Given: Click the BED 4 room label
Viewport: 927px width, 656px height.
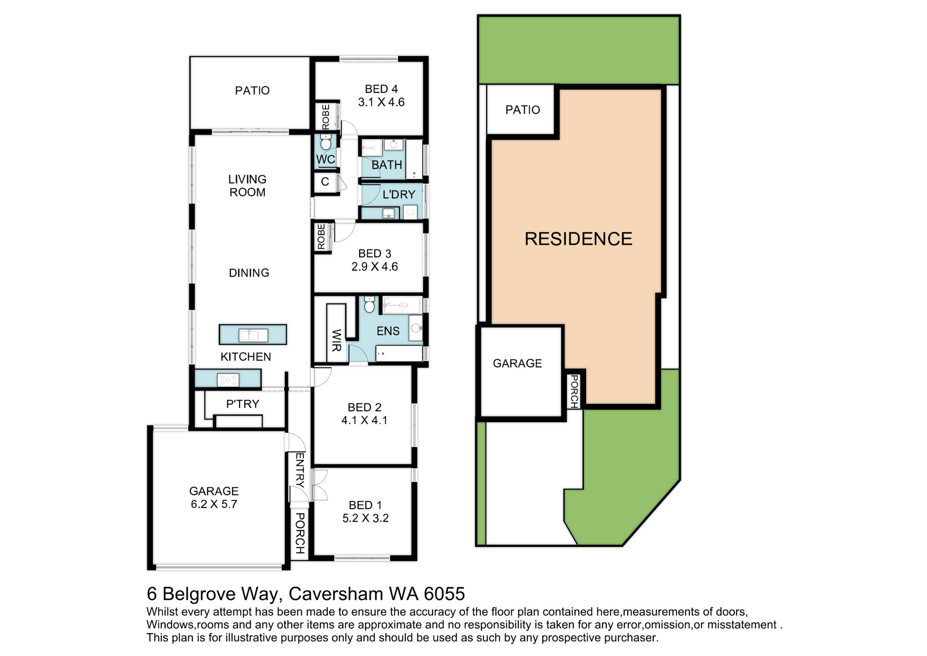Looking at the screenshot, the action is point(381,89).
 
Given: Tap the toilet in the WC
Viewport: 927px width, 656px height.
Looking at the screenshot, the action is point(326,143).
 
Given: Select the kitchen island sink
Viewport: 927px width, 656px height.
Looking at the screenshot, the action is point(253,335).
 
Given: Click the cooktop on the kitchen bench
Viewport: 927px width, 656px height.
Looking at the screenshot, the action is point(228,380).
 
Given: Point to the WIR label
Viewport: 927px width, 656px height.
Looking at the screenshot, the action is point(337,340).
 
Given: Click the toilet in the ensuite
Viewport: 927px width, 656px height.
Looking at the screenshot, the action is point(369,304).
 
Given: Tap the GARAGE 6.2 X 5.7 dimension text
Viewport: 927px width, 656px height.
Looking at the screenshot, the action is point(214,504).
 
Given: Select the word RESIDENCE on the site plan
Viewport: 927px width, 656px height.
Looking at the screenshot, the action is point(578,239).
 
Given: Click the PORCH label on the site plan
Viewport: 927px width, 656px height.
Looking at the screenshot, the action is point(574,391).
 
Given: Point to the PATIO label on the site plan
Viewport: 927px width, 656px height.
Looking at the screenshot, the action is point(522,110).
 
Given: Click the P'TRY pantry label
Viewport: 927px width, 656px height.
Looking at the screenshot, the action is point(242,404).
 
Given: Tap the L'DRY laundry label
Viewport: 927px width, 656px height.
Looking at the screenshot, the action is point(399,194).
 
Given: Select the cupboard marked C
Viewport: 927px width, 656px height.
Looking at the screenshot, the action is point(325,182).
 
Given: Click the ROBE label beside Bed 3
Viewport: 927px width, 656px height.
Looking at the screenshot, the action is point(322,237).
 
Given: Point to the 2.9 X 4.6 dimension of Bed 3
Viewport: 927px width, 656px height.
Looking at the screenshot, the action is point(375,267).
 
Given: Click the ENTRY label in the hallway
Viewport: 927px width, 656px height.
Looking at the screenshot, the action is point(300,470).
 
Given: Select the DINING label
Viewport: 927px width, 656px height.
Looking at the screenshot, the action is point(249,273).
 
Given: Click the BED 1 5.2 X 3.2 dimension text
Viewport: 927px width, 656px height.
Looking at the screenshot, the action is point(365,518).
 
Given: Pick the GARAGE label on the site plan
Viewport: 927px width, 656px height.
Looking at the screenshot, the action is point(517,363).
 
